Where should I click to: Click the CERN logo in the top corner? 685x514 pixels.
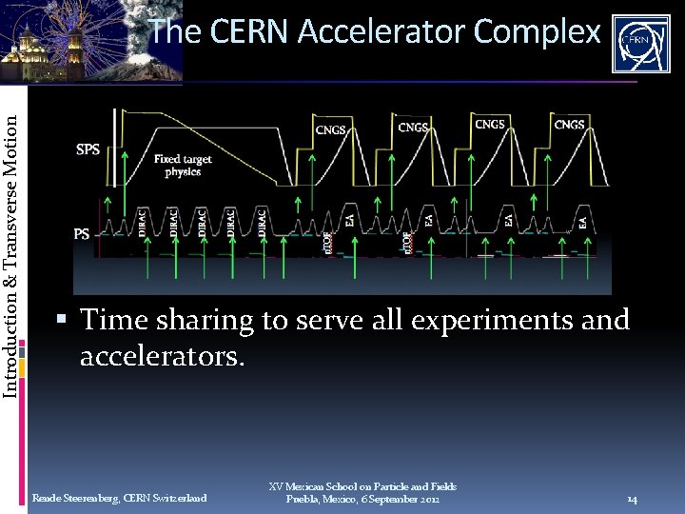click(x=640, y=43)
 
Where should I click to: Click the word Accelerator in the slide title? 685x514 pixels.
click(x=385, y=32)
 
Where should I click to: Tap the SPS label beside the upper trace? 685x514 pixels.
click(x=88, y=149)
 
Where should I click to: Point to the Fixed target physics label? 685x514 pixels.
click(x=183, y=166)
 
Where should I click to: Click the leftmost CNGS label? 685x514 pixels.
click(x=331, y=129)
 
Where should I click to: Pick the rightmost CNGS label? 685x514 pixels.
click(x=569, y=125)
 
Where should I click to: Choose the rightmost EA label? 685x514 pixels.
click(x=582, y=221)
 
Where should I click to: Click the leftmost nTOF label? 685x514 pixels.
click(x=329, y=241)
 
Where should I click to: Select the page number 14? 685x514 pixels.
click(x=632, y=499)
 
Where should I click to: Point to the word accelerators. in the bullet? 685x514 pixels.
click(x=163, y=357)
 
